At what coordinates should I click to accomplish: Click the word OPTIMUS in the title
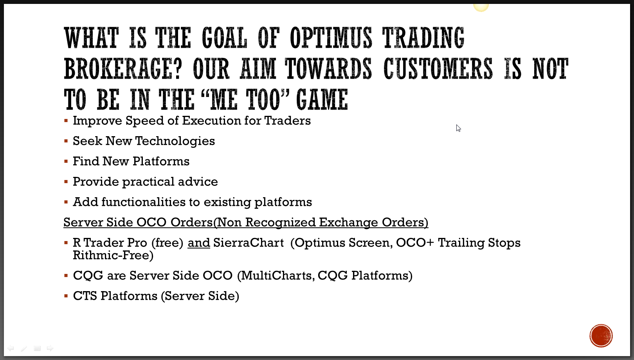point(331,38)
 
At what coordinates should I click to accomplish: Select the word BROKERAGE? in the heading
point(123,69)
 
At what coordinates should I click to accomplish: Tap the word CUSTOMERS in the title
point(438,69)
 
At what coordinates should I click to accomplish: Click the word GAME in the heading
point(322,99)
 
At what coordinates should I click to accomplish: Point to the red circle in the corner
point(601,336)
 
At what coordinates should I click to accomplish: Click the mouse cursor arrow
point(458,128)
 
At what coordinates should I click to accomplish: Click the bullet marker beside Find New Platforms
point(66,162)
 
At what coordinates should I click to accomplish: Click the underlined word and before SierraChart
point(199,243)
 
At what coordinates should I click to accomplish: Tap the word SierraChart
point(248,243)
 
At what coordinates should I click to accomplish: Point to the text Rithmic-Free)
point(113,255)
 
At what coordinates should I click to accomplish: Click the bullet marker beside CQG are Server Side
point(66,275)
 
